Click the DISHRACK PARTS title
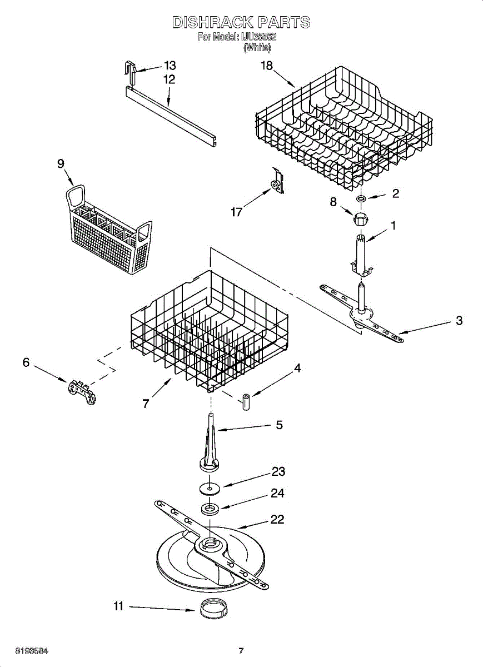point(241,23)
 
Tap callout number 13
point(169,65)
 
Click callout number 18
point(267,66)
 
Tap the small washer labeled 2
point(361,198)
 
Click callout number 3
point(459,321)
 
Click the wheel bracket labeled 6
point(82,391)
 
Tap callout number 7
point(146,404)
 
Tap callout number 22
point(277,519)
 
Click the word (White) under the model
point(257,48)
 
